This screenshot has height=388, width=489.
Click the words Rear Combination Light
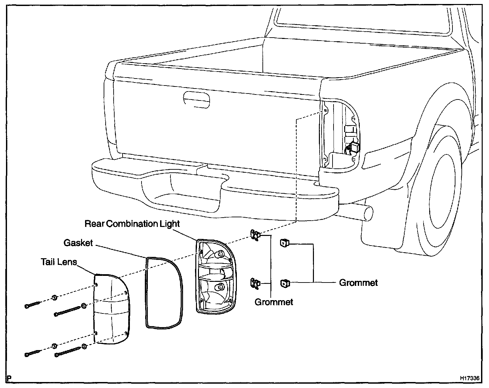click(132, 224)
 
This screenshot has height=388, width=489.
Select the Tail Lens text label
click(59, 262)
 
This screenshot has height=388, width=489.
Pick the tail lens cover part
click(111, 309)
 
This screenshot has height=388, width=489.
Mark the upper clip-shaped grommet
click(255, 235)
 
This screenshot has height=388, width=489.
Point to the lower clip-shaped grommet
click(255, 283)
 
